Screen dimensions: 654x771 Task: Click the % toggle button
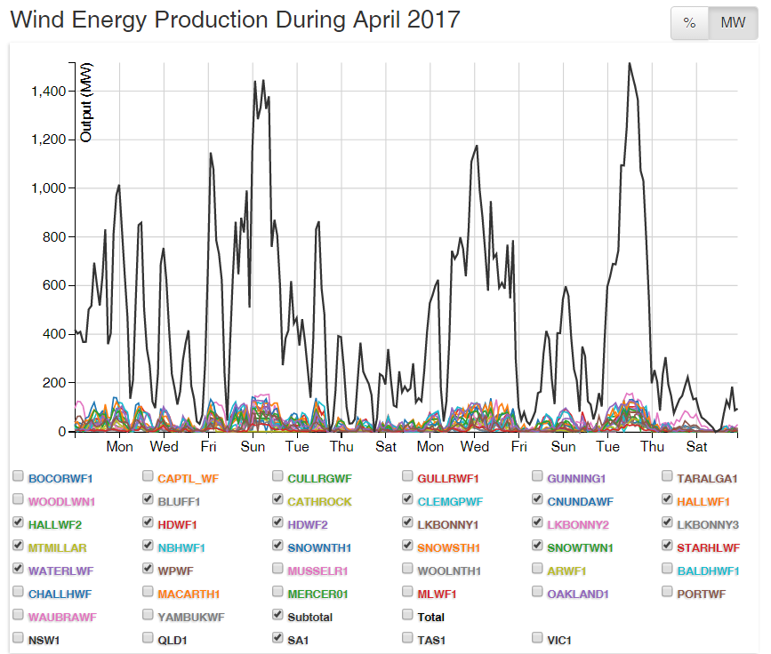click(x=689, y=23)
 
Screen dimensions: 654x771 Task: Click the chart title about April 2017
click(x=235, y=20)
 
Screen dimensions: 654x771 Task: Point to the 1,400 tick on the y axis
click(x=47, y=92)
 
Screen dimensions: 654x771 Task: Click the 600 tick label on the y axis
click(x=54, y=285)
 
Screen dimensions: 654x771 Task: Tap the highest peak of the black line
click(x=630, y=64)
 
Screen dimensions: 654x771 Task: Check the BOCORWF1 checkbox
click(x=19, y=477)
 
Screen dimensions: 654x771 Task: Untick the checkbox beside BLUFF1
click(x=149, y=500)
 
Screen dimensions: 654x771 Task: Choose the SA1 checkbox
click(x=278, y=638)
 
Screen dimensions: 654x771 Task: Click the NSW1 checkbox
click(x=19, y=638)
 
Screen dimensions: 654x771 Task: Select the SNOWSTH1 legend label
click(x=449, y=547)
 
